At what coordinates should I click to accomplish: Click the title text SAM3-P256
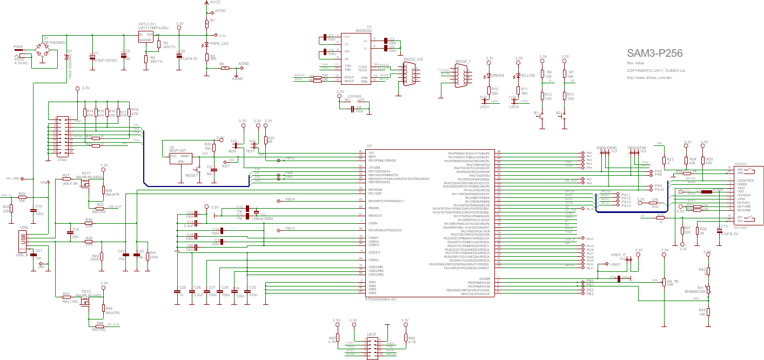(x=654, y=53)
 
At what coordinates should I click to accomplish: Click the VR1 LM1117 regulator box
(x=145, y=37)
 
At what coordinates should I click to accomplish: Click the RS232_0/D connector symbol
(x=408, y=74)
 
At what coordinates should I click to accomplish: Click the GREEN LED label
(x=498, y=76)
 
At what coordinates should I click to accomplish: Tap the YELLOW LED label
(x=528, y=76)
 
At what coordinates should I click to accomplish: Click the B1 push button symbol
(x=542, y=115)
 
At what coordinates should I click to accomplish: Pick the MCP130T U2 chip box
(x=179, y=158)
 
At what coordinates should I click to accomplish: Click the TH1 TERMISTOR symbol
(x=709, y=290)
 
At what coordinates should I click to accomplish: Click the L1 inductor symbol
(x=702, y=191)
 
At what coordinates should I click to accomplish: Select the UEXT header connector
(x=371, y=348)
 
